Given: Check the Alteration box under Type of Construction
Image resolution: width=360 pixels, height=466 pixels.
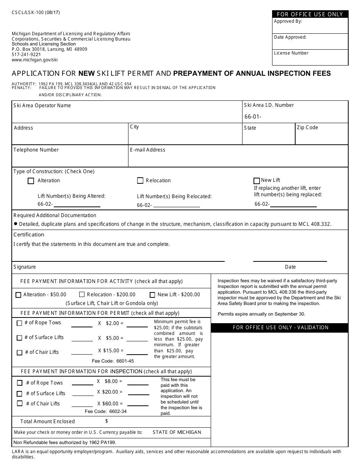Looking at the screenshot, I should click(x=31, y=181).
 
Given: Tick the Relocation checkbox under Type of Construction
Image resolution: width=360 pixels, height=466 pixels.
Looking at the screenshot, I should click(x=140, y=181).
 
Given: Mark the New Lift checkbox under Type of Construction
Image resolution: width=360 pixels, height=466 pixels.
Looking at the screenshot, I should click(x=257, y=181).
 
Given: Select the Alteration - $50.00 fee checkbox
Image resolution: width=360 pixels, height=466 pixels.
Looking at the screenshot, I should click(x=18, y=295).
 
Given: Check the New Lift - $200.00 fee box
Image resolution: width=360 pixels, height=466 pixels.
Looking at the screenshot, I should click(x=152, y=295).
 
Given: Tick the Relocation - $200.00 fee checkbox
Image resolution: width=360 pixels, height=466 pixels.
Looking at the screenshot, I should click(x=82, y=294).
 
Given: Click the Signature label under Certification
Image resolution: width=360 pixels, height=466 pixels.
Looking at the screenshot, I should click(x=25, y=267).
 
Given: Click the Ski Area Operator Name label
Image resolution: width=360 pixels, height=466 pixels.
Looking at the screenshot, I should click(x=42, y=105).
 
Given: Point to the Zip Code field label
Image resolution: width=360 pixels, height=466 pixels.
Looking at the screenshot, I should click(x=307, y=127).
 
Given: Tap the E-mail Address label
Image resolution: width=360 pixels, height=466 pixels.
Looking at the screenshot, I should click(x=147, y=150).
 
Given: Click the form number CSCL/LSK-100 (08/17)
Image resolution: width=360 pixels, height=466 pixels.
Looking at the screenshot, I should click(x=36, y=13).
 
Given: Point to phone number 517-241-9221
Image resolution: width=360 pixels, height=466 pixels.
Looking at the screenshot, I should click(x=26, y=54).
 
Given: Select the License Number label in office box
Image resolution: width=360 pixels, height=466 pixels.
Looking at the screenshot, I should click(x=291, y=53).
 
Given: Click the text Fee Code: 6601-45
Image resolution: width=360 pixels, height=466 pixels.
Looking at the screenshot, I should click(x=113, y=361).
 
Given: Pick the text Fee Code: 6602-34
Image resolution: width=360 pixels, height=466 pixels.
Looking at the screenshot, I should click(x=106, y=411).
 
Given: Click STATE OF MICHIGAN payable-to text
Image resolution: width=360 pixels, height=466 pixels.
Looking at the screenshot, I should click(x=177, y=432).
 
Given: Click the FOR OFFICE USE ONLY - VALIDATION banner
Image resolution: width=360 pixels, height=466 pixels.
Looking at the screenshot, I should click(x=280, y=327).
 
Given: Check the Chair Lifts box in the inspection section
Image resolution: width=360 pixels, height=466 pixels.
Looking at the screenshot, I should click(x=20, y=403).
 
